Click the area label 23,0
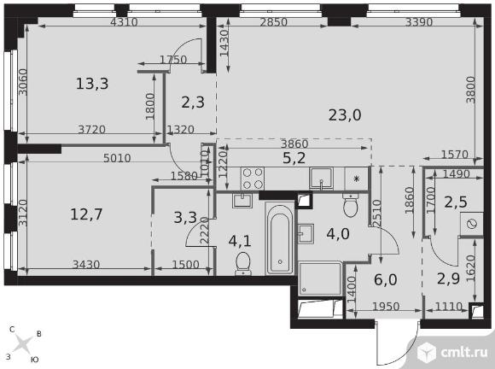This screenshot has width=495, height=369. click(x=345, y=115)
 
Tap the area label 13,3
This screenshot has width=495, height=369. click(x=92, y=84)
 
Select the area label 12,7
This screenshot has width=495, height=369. click(x=86, y=214)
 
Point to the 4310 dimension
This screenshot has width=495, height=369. click(x=124, y=22)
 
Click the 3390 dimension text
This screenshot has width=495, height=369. click(x=418, y=22)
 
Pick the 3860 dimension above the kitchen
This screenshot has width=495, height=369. click(x=294, y=144)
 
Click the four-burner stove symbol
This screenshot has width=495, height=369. click(x=253, y=179)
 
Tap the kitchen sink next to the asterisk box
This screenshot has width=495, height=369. click(x=321, y=179)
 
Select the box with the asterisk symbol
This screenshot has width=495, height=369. click(x=357, y=179)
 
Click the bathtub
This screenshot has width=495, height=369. click(x=280, y=238)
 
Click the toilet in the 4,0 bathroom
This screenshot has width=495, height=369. click(x=351, y=205)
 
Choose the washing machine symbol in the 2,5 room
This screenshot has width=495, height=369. click(x=472, y=224)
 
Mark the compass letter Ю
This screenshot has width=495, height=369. click(x=34, y=360)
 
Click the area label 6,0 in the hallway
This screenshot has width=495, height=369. click(x=385, y=280)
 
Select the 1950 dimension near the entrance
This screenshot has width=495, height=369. click(x=386, y=306)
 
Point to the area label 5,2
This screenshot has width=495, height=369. click(x=294, y=158)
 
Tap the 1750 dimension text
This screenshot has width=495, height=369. click(x=173, y=60)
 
